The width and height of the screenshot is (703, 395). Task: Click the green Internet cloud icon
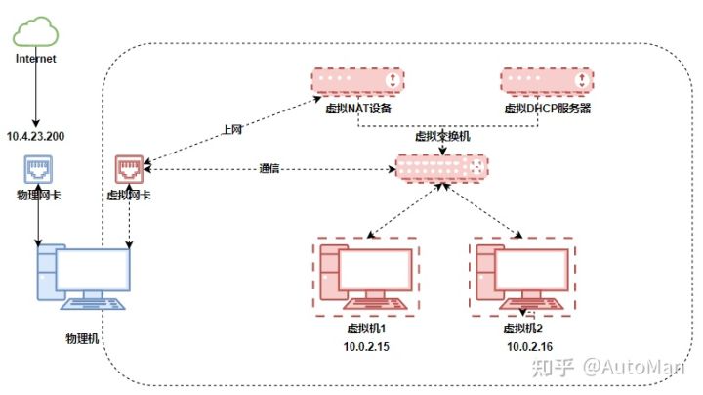click(x=37, y=31)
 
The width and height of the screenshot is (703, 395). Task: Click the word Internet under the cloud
click(x=37, y=59)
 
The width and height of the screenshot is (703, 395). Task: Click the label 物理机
click(x=81, y=337)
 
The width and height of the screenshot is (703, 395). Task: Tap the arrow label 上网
click(x=233, y=127)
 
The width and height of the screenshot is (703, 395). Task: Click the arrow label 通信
click(x=269, y=168)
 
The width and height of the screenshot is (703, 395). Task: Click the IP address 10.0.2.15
click(x=366, y=347)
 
